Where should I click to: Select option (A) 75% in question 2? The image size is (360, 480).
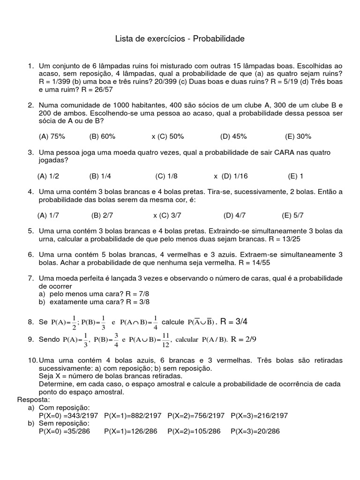coord(52,136)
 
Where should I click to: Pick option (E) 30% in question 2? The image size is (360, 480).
coord(298,136)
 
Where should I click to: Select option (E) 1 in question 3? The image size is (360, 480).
coord(296,176)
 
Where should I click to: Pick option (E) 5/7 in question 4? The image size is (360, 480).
coord(293,216)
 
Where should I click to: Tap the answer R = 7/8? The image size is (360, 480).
coord(127,294)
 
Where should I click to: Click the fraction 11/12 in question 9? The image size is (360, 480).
coord(165,339)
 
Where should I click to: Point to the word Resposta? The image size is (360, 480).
coord(33,400)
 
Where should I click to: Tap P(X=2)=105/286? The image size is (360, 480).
coord(194,431)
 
